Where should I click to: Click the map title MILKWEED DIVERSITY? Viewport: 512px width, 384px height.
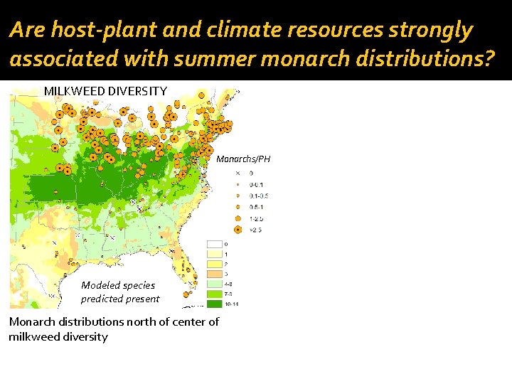(105, 91)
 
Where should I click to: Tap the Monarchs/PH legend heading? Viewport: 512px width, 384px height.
(243, 159)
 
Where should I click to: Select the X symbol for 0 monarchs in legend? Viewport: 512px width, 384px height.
(238, 173)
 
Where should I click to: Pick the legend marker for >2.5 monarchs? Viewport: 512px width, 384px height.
(238, 230)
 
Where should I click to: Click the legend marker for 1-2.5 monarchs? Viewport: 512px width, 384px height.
(238, 218)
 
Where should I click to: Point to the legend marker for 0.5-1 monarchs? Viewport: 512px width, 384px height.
(238, 207)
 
